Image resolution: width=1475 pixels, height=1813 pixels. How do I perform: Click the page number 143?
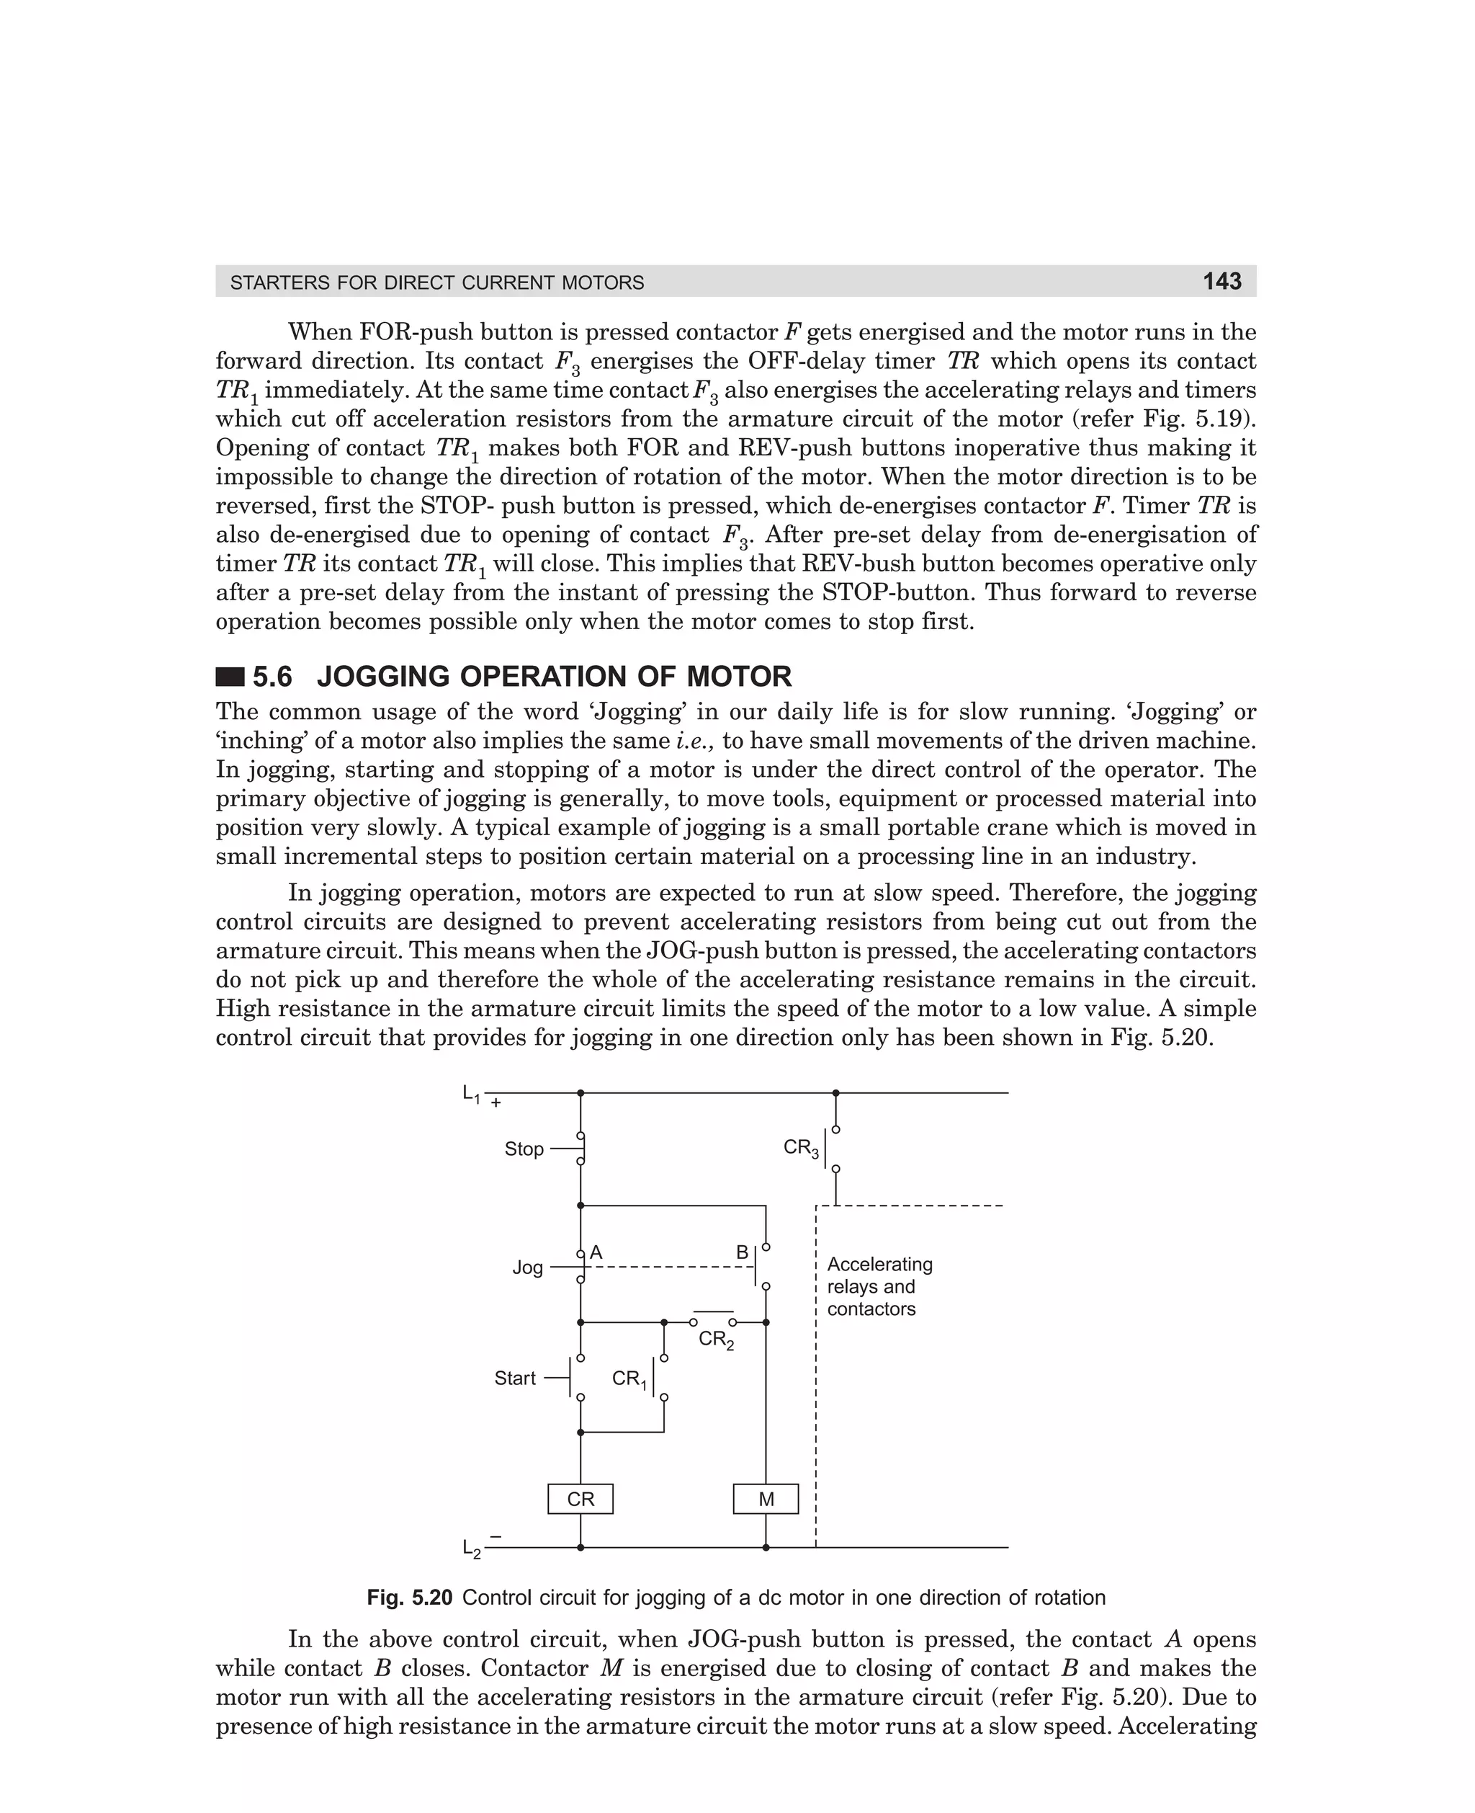point(1221,281)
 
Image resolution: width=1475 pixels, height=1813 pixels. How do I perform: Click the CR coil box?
point(580,1500)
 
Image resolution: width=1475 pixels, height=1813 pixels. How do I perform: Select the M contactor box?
point(766,1500)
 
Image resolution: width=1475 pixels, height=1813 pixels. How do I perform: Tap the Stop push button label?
point(524,1149)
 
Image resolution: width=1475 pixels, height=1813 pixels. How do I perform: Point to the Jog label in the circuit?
point(526,1268)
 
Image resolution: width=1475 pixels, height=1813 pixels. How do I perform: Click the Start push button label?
point(515,1378)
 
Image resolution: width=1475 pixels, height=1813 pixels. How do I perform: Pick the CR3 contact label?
point(800,1149)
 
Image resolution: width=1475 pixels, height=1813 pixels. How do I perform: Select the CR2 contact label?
point(715,1340)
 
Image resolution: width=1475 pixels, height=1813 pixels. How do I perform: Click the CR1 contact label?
point(629,1378)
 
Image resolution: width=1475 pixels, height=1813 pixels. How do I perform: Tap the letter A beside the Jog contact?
point(596,1252)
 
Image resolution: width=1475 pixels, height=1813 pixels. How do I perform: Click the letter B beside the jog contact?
point(742,1252)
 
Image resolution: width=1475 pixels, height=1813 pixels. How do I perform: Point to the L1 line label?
point(471,1094)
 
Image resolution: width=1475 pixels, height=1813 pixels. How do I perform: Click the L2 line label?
point(472,1549)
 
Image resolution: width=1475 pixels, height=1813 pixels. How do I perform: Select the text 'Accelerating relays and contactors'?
point(879,1286)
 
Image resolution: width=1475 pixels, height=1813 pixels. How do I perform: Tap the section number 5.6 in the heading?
point(272,677)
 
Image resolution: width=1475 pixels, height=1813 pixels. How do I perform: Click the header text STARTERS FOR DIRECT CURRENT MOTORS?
point(436,282)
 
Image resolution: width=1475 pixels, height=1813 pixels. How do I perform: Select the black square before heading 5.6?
point(230,677)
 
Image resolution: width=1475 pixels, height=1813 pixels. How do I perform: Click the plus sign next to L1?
point(496,1103)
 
